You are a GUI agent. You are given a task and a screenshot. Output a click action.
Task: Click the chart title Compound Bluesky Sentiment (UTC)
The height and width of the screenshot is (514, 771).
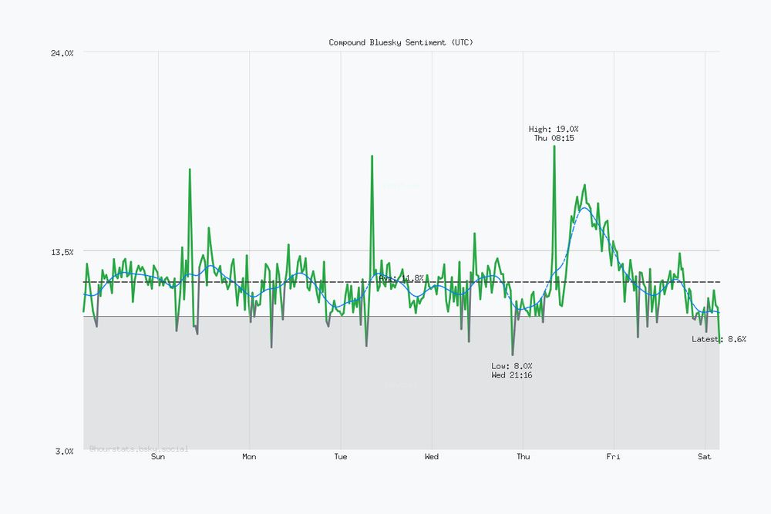click(x=401, y=42)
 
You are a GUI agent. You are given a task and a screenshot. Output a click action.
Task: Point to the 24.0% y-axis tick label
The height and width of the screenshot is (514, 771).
click(x=62, y=53)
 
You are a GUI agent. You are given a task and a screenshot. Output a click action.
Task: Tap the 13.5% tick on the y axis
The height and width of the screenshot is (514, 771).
click(x=62, y=252)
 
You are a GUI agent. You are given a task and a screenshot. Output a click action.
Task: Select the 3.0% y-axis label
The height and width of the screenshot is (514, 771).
click(x=64, y=451)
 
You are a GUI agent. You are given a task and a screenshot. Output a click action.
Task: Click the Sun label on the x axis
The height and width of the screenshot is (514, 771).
click(x=158, y=457)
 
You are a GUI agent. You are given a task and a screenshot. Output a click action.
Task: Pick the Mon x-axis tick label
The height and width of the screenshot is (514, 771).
click(x=249, y=457)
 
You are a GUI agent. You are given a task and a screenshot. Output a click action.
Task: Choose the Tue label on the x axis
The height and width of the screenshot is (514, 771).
click(x=340, y=457)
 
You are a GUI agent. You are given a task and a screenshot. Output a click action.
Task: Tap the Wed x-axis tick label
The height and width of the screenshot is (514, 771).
click(x=432, y=457)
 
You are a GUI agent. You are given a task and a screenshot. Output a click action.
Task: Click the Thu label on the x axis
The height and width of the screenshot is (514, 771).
click(x=523, y=457)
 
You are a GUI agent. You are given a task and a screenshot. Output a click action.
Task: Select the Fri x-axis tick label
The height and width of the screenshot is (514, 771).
click(x=613, y=457)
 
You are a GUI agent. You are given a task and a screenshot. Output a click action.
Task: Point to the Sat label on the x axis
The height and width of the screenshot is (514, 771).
click(x=704, y=457)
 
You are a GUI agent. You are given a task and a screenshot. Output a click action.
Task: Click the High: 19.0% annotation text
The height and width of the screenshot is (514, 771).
click(x=554, y=129)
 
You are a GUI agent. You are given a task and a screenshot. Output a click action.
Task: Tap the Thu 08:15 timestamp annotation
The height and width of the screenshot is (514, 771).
click(x=554, y=139)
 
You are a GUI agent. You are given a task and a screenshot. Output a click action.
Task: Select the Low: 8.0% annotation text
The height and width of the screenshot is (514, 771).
click(x=512, y=365)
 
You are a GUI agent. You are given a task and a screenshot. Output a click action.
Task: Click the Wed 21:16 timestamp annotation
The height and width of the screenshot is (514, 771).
click(x=512, y=375)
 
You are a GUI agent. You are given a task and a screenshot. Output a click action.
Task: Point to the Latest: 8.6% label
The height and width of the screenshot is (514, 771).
click(x=719, y=339)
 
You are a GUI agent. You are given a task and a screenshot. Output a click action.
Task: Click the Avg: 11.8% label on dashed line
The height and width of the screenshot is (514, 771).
click(x=401, y=278)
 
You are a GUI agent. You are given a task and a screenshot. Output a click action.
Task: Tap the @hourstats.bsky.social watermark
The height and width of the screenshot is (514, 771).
click(x=139, y=448)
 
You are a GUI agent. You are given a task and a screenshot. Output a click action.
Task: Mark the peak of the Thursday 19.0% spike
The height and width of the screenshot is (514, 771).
click(x=554, y=146)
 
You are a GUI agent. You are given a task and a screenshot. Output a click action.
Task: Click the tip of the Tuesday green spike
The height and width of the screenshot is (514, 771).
click(x=372, y=156)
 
